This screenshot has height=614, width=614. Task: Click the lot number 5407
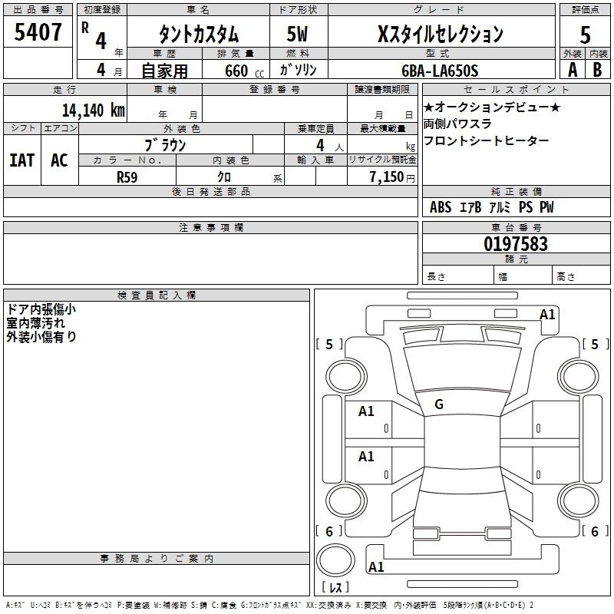click(x=38, y=32)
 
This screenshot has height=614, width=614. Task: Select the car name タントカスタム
click(x=198, y=35)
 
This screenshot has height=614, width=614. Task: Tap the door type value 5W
click(x=299, y=35)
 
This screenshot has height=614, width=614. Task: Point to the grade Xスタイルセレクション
click(x=441, y=35)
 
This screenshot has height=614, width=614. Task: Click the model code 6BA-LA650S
click(x=440, y=71)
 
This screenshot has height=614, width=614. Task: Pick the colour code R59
click(x=127, y=176)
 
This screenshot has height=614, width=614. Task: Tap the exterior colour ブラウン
click(x=166, y=144)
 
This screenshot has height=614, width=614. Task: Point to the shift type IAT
click(x=22, y=160)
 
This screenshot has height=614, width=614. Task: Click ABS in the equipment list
click(x=441, y=207)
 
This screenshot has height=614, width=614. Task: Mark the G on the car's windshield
click(x=439, y=404)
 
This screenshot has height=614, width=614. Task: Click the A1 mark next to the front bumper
click(x=547, y=315)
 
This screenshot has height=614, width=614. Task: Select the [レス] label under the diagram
click(x=335, y=588)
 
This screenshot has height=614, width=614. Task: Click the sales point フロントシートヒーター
click(x=486, y=141)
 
